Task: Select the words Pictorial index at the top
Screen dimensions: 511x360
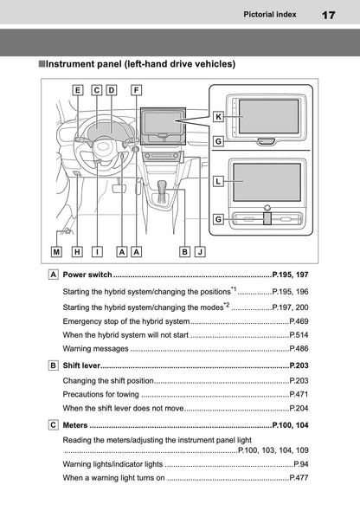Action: (x=272, y=15)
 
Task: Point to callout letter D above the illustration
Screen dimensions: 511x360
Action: (x=111, y=89)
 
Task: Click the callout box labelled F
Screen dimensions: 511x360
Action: (x=136, y=89)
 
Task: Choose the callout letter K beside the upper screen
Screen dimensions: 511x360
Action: (x=219, y=116)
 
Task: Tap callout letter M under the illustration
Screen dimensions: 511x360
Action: (x=57, y=252)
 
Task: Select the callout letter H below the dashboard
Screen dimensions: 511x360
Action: (x=78, y=252)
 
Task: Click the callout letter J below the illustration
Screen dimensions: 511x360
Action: (x=200, y=252)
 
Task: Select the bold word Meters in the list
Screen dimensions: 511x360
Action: (x=75, y=426)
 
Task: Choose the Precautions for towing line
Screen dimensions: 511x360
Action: (x=102, y=394)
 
